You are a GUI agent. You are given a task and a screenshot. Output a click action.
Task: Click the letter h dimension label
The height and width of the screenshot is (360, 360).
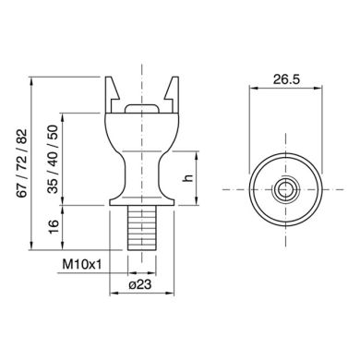pos(187,177)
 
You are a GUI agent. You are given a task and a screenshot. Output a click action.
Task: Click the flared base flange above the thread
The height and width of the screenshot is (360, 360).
pos(140,197)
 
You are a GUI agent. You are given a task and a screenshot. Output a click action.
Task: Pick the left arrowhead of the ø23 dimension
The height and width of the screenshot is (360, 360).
pos(114,295)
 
